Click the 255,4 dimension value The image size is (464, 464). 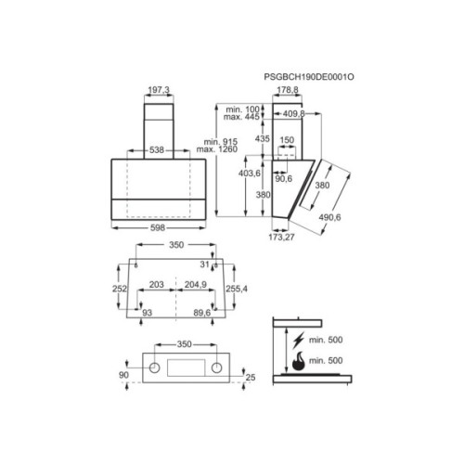pos(239,289)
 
